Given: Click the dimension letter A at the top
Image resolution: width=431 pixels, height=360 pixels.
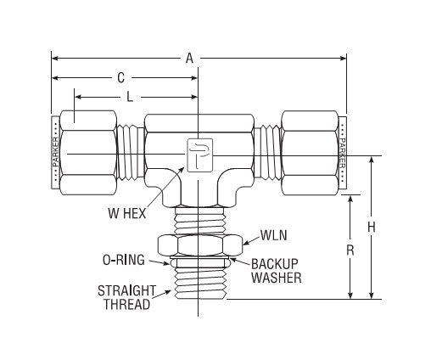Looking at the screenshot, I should click(x=189, y=58).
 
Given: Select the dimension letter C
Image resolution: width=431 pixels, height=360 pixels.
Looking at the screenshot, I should click(x=122, y=77).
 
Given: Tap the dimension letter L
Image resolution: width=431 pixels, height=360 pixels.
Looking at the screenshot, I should click(x=130, y=97).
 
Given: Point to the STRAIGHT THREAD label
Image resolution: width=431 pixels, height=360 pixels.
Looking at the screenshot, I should click(x=123, y=296).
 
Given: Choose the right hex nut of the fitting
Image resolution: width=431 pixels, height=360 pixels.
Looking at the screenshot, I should click(x=311, y=152).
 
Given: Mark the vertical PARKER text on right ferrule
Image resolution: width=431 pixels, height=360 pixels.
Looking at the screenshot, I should click(x=342, y=153).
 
